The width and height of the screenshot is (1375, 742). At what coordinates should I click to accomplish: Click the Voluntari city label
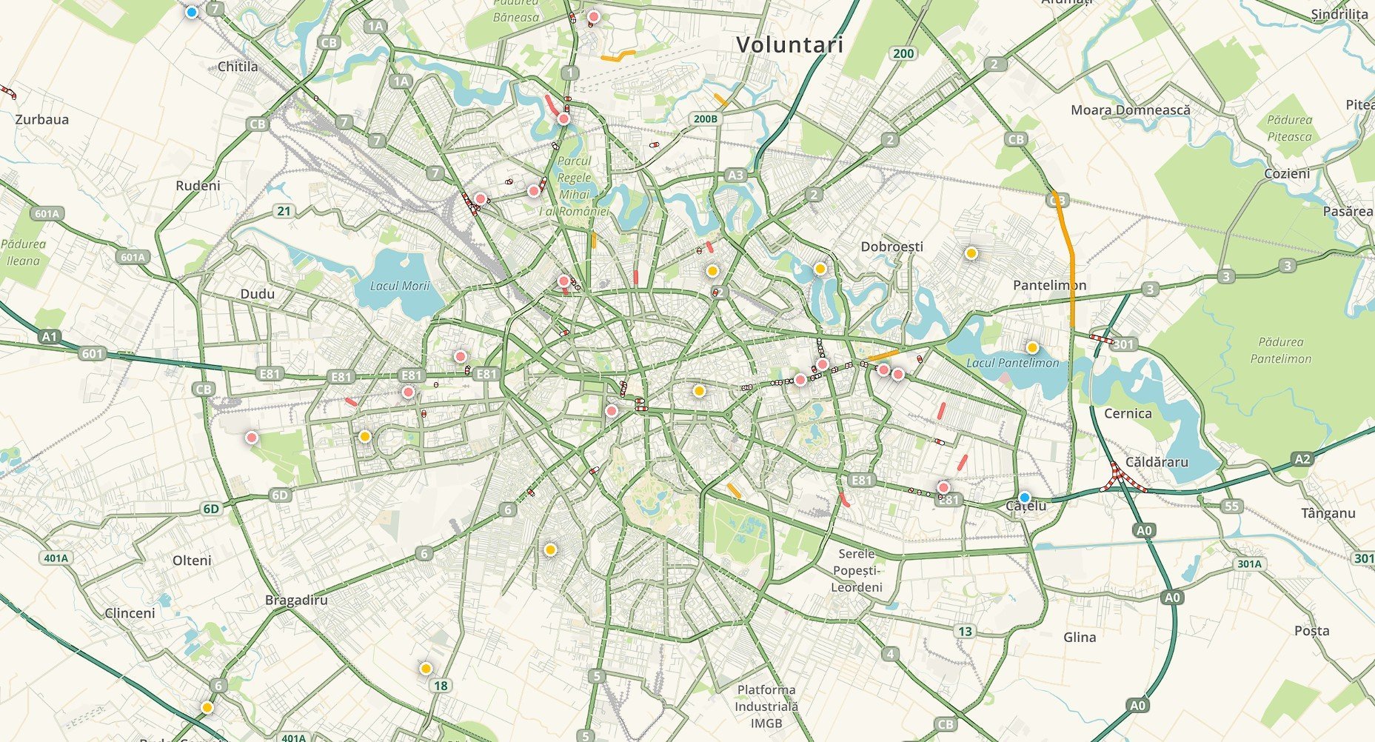click(789, 45)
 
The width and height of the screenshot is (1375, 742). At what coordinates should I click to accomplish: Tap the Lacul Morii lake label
click(400, 286)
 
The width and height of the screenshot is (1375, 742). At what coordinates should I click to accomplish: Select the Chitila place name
click(238, 67)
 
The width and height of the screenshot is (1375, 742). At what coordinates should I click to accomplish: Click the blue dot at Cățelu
click(1024, 497)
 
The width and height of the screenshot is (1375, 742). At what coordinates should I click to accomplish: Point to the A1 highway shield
click(49, 337)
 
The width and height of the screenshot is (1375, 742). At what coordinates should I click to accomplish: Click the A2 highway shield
click(1302, 459)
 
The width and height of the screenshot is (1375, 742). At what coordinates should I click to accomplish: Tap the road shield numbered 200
click(903, 53)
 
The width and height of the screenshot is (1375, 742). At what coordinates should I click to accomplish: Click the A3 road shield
click(735, 176)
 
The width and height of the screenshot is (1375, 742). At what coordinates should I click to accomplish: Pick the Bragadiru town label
click(296, 600)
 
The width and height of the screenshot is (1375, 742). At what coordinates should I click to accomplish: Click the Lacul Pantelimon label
click(1012, 363)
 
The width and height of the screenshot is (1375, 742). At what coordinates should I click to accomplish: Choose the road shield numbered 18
click(441, 686)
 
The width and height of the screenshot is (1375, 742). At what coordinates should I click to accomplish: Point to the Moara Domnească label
click(1131, 110)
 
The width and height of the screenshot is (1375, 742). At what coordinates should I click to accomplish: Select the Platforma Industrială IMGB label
click(766, 706)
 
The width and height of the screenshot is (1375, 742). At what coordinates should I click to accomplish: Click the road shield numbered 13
click(965, 632)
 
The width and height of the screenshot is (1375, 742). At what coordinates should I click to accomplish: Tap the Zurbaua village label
click(42, 119)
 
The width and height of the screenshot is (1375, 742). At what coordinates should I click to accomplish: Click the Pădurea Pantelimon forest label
click(1280, 350)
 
